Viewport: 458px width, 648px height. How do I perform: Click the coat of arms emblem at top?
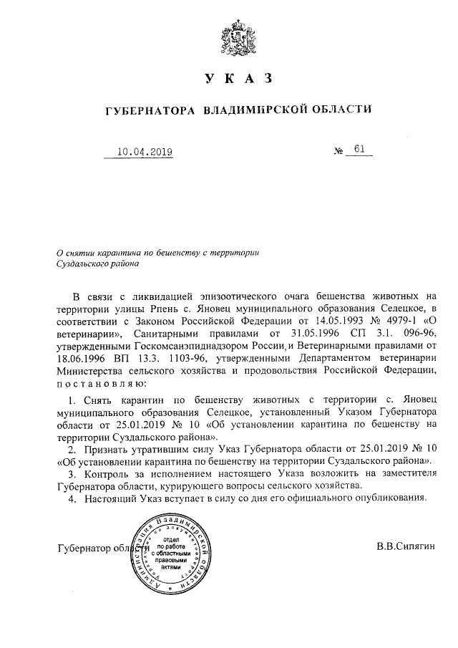click(x=228, y=32)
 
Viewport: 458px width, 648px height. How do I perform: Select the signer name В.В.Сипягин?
click(x=405, y=548)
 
